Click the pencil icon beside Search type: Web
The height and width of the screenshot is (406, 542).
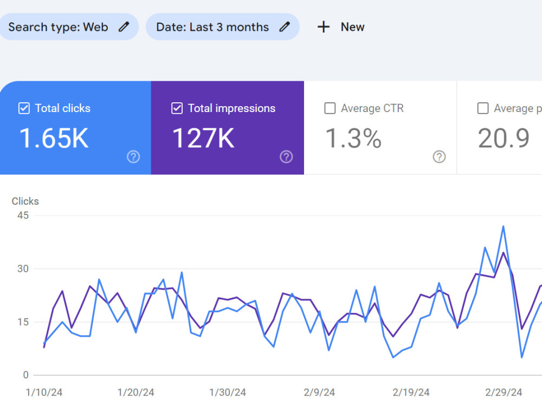point(124,27)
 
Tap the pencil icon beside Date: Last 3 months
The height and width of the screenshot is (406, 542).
point(285,27)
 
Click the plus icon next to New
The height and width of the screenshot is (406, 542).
point(324,27)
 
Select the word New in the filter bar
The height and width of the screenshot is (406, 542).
point(353,27)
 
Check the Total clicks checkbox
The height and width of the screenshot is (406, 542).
point(24,108)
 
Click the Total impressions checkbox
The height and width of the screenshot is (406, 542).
point(177,108)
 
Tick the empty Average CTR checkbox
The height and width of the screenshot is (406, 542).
point(330,108)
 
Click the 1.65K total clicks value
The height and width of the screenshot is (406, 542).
point(54,138)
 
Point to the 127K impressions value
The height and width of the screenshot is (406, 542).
point(203,138)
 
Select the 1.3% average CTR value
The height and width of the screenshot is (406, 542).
point(353,138)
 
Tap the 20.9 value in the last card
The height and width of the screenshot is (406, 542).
point(504,138)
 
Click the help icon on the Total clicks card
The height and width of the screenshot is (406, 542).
point(133,157)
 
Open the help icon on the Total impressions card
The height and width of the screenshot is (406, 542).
point(286,157)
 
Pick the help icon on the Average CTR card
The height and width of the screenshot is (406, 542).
point(440,157)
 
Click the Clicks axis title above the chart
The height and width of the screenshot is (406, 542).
point(25,201)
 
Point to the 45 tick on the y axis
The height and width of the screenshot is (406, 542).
point(23,215)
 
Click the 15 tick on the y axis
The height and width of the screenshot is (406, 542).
point(23,322)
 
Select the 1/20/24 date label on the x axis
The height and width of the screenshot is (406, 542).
point(136,392)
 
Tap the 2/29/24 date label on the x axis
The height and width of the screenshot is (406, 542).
point(504,392)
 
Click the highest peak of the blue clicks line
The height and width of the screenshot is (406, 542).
point(504,226)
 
